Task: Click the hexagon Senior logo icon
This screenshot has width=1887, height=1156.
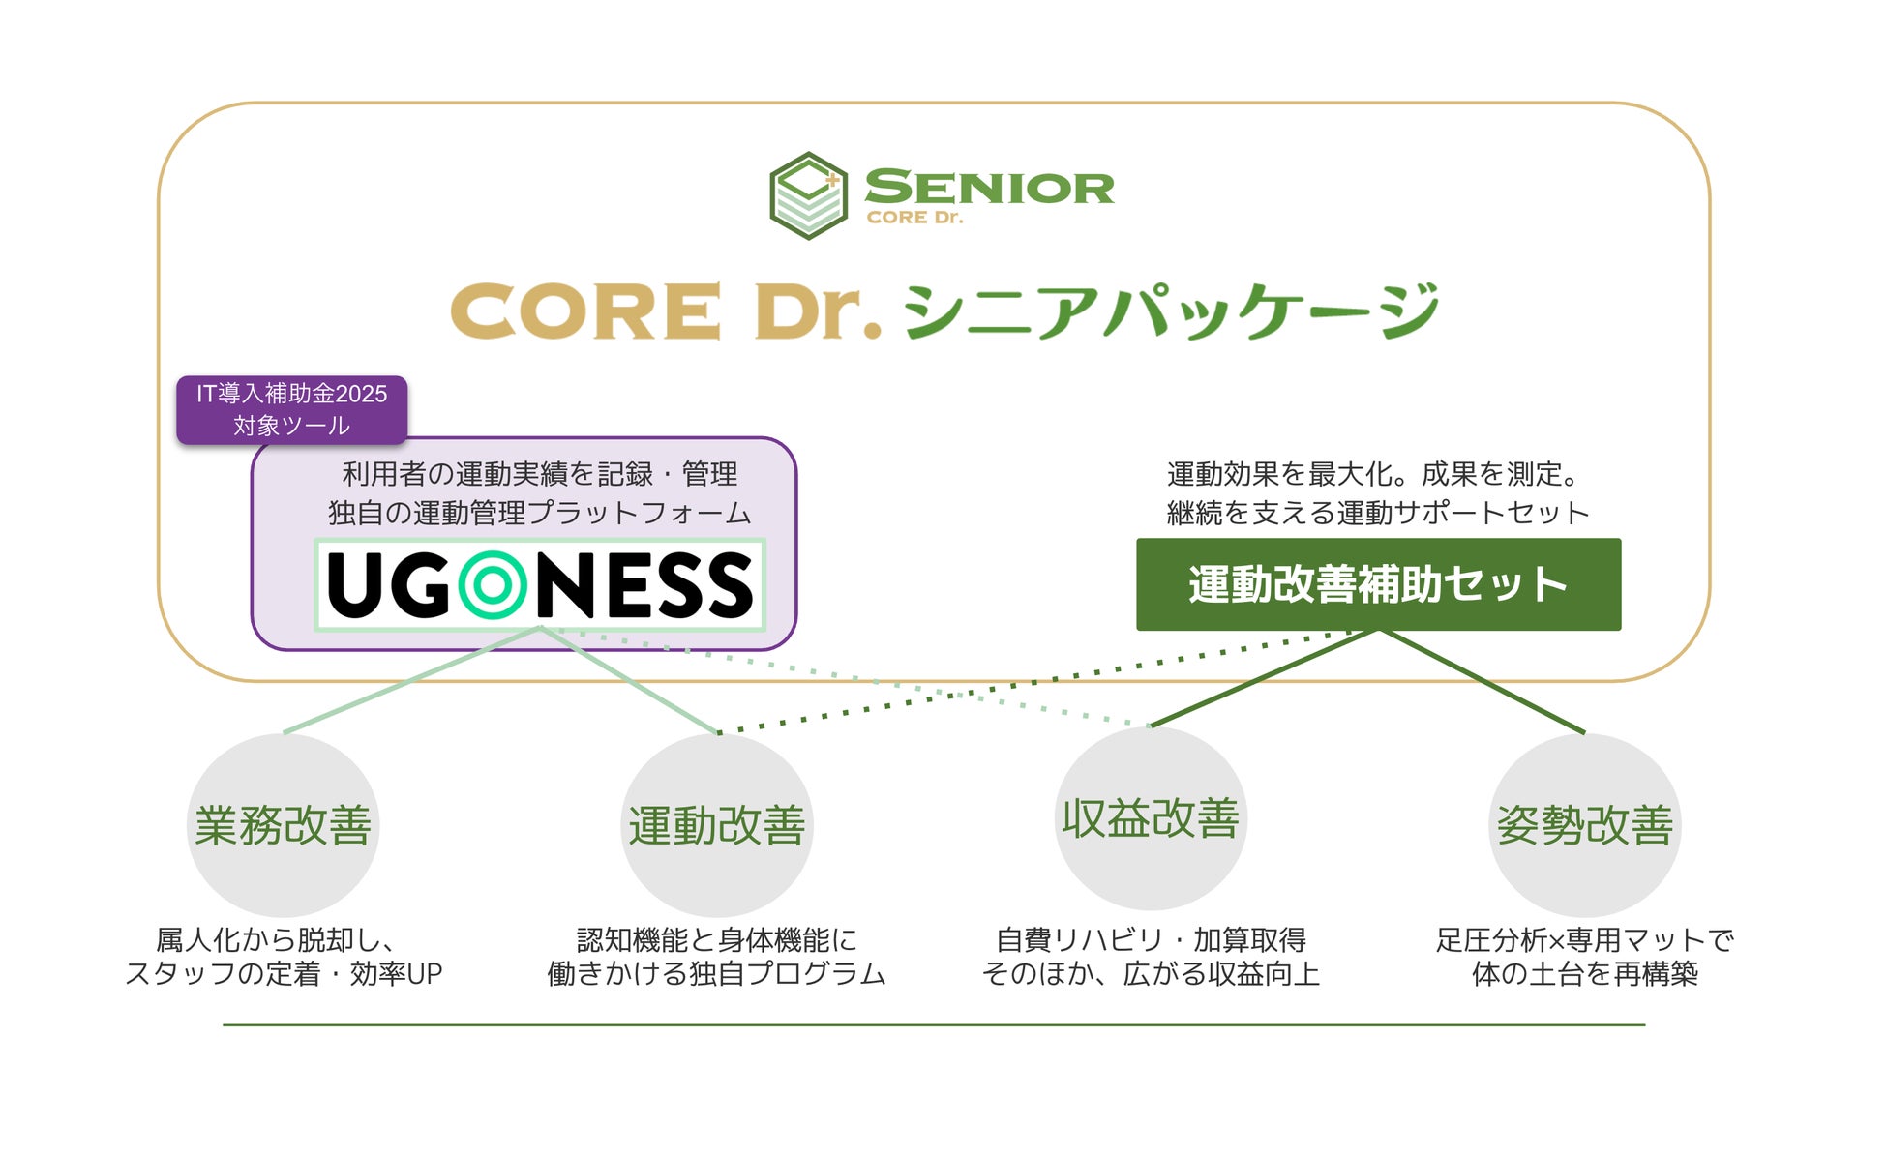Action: tap(808, 194)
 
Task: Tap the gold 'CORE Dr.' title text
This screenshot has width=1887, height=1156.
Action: tap(666, 311)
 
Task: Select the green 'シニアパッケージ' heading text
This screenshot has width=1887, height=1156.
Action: tap(1171, 311)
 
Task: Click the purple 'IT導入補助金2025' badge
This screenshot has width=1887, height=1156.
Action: tap(291, 409)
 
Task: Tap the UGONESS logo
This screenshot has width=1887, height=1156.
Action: tap(540, 584)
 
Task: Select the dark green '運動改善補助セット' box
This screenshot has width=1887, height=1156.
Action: tap(1378, 584)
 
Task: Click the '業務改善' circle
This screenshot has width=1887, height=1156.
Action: tap(283, 825)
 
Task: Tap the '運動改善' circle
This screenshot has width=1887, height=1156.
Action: tap(716, 825)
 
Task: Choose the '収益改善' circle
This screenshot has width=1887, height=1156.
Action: tap(1151, 818)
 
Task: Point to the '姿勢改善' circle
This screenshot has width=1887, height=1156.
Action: tap(1584, 825)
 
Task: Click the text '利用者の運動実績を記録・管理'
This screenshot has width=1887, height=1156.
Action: tap(540, 474)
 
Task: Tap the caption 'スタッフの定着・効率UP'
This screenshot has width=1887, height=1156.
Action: tap(283, 973)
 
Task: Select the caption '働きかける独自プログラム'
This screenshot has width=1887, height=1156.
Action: tap(716, 973)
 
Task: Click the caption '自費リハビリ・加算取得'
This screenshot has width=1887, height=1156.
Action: tap(1151, 939)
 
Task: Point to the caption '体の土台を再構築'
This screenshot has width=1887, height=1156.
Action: tap(1584, 973)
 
